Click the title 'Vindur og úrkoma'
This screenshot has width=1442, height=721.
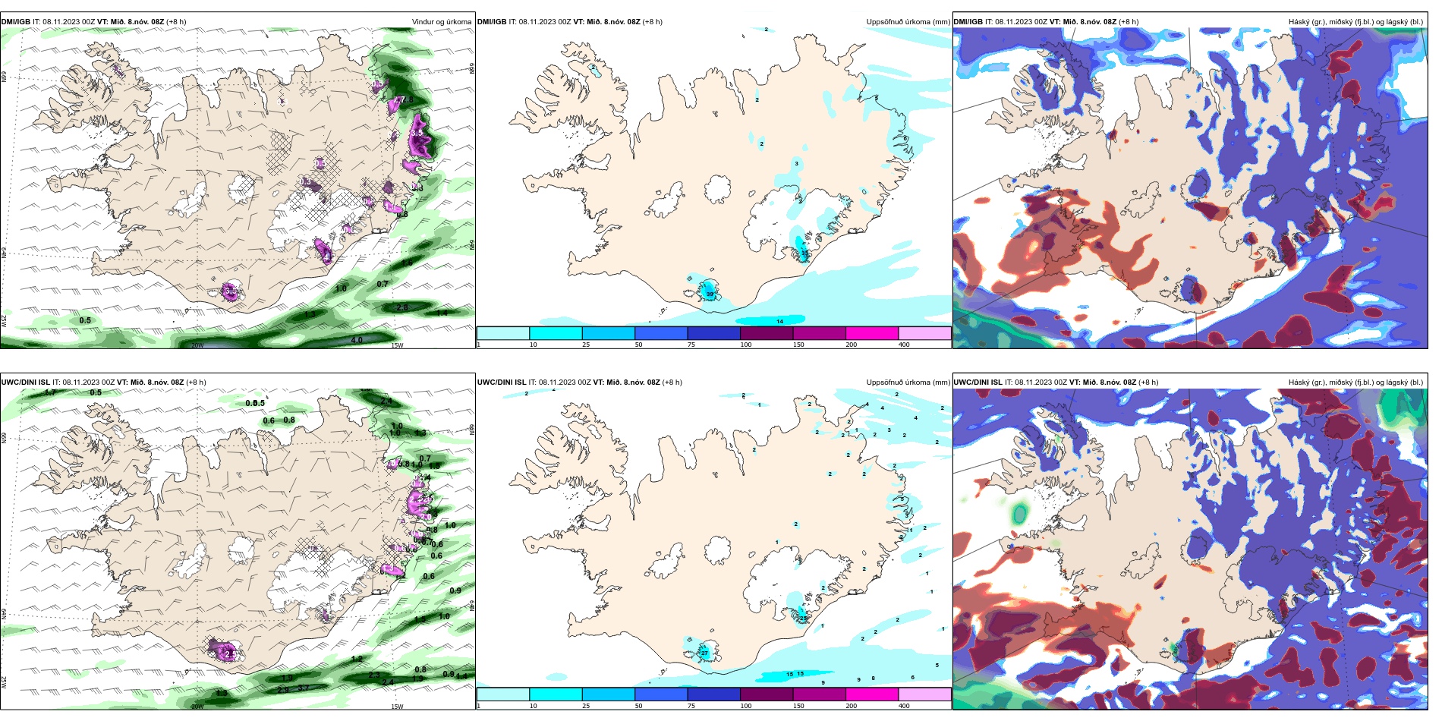point(441,22)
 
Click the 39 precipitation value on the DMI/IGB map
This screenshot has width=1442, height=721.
point(710,294)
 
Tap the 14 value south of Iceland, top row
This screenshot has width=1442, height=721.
point(779,322)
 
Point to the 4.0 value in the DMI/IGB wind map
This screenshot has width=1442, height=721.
point(357,340)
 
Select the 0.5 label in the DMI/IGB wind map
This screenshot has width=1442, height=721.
point(85,320)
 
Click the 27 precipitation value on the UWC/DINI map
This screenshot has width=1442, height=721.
point(704,653)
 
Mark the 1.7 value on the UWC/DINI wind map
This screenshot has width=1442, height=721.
point(50,392)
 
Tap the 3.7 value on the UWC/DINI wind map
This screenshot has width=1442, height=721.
point(303,688)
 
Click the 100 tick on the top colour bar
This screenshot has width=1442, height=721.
point(746,345)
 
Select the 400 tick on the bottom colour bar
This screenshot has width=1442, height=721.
point(904,706)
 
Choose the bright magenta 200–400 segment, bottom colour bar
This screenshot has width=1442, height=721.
point(871,694)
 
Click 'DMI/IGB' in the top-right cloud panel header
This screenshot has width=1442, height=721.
point(968,22)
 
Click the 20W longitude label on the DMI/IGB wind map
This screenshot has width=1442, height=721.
point(197,345)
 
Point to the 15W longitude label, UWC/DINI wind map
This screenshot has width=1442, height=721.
point(397,707)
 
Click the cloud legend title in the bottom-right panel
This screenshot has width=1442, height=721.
point(1355,383)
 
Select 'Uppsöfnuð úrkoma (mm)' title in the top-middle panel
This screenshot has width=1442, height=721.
point(908,22)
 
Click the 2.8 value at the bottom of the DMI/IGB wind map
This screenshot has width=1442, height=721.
point(402,307)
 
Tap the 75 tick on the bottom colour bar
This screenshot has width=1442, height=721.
point(691,706)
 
